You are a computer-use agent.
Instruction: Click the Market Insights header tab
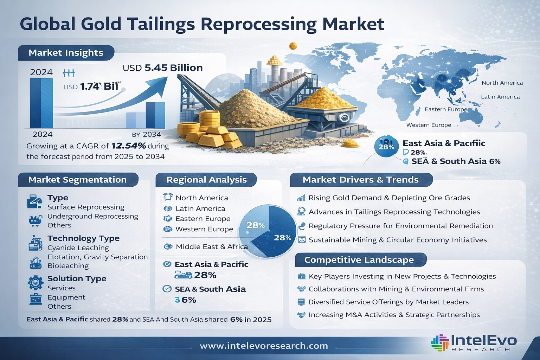(66, 53)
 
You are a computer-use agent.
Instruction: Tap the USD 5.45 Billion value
(162, 68)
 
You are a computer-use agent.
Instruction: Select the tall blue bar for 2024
(41, 103)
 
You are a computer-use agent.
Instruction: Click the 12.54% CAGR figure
(128, 146)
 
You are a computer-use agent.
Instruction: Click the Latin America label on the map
(500, 97)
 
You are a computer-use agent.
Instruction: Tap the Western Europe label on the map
(429, 125)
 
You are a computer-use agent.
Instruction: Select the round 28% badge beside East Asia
(386, 147)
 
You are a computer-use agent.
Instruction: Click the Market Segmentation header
(77, 180)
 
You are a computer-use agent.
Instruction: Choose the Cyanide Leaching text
(78, 248)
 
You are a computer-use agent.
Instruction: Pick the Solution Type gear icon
(35, 282)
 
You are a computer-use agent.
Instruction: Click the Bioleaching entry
(68, 266)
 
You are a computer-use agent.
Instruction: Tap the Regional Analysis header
(206, 180)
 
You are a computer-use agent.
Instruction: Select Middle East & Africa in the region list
(211, 247)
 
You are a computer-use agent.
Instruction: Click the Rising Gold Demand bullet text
(389, 198)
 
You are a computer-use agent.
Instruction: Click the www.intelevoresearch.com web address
(264, 346)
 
